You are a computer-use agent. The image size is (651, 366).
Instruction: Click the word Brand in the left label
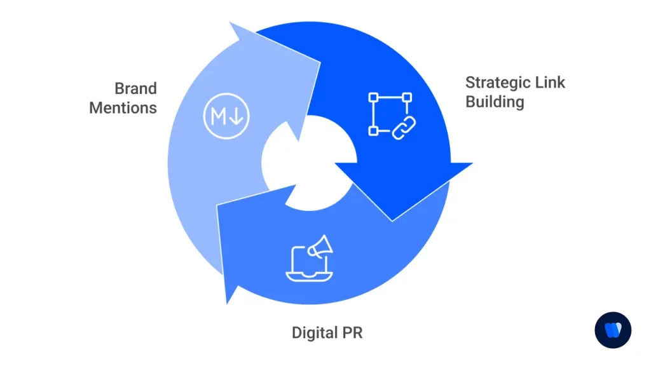coord(135,88)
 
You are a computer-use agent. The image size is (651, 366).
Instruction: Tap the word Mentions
coord(123,107)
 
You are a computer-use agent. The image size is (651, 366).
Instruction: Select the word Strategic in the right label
coord(498,82)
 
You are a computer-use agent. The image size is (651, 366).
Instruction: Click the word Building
coord(495,101)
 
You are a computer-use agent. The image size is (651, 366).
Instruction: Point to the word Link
coord(551,82)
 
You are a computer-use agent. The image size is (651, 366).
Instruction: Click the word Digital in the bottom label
coord(313,332)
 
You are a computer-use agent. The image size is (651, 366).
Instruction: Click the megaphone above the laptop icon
coord(320,247)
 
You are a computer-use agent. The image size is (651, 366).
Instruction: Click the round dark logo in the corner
coord(613,330)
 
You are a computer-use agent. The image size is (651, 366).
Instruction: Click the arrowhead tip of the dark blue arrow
coord(392,220)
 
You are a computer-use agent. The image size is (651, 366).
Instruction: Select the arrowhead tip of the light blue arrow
coord(230,23)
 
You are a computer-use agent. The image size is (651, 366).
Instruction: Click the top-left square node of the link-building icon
coord(373,97)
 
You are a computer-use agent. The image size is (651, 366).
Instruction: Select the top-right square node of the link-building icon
coord(407,97)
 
